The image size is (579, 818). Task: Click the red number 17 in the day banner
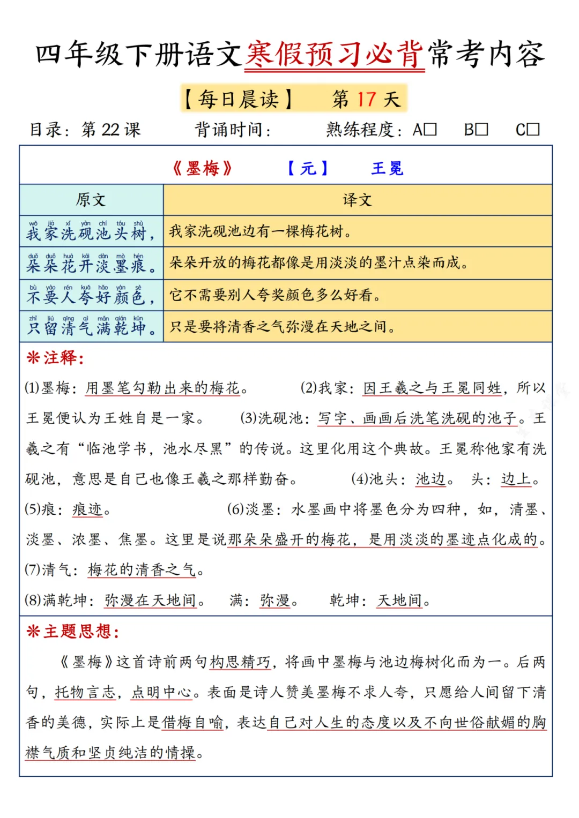click(367, 99)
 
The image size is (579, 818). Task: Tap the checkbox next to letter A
click(430, 130)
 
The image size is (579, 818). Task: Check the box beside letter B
click(481, 130)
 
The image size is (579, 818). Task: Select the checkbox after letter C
click(533, 130)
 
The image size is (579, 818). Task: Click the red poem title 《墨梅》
click(203, 169)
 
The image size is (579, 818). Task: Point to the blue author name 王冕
click(387, 169)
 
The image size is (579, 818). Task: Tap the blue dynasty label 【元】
click(308, 169)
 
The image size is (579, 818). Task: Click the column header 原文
click(91, 200)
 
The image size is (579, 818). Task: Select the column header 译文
click(357, 200)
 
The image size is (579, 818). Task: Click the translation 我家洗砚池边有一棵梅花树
click(261, 231)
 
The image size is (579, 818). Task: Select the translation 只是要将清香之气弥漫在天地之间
click(283, 327)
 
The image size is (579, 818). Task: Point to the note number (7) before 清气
click(33, 569)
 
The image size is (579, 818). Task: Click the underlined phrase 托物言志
click(85, 693)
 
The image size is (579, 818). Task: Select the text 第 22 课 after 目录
click(110, 130)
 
